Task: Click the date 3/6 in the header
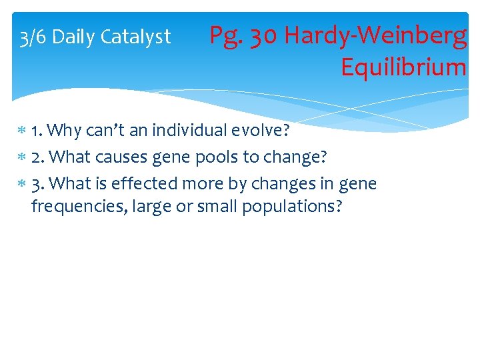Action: click(x=33, y=37)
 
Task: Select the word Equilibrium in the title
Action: click(x=403, y=67)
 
